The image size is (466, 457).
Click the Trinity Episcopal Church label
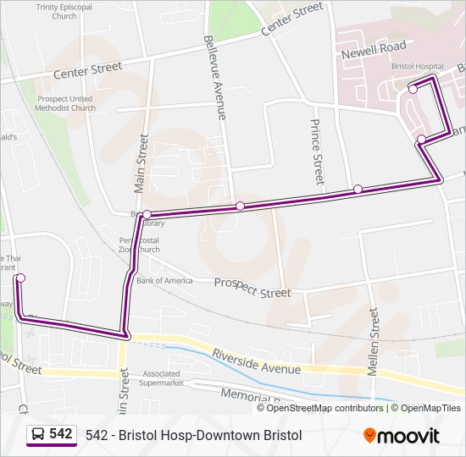[64, 11]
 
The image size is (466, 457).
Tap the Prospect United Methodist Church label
[66, 102]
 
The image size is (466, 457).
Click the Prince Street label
[315, 151]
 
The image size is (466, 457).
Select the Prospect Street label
[252, 288]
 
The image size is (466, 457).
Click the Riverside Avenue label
[256, 361]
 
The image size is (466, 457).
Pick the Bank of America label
[164, 280]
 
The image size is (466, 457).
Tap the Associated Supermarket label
[163, 377]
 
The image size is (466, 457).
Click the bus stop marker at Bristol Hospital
[413, 89]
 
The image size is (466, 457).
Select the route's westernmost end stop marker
[20, 278]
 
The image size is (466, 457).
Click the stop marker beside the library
[147, 214]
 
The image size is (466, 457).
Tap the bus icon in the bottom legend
[38, 435]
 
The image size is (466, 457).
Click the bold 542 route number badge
[61, 434]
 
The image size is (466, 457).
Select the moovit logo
[402, 436]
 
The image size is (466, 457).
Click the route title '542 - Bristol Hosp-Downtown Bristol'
[193, 435]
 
